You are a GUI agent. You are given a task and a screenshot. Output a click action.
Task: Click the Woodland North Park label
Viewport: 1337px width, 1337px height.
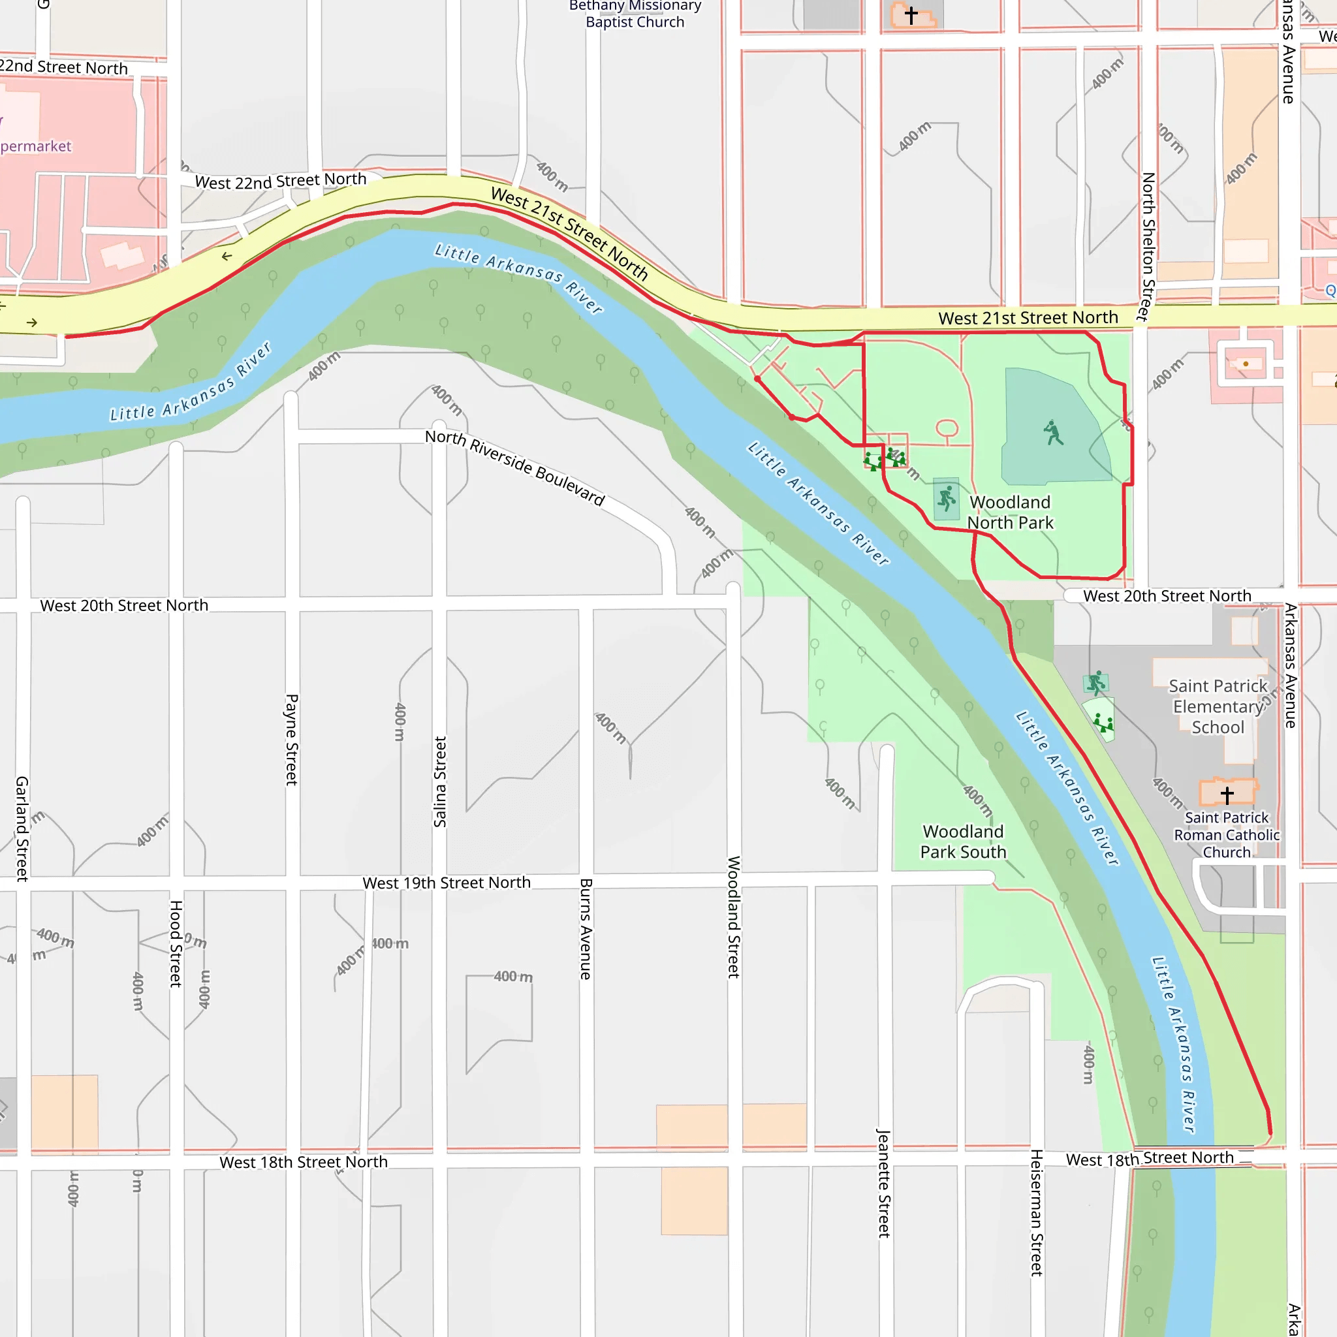1010,512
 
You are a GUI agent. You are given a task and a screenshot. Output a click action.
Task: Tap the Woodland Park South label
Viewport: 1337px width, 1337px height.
963,842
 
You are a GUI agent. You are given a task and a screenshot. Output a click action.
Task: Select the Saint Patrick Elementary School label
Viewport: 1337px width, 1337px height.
1218,706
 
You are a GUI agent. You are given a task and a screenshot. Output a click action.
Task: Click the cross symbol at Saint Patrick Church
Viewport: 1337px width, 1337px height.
1227,794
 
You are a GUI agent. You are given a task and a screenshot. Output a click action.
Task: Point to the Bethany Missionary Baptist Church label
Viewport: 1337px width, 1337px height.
635,14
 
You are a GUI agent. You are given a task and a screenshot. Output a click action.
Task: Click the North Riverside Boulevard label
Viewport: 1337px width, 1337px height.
515,467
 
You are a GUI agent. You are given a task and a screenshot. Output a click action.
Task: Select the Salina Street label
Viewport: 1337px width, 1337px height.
440,781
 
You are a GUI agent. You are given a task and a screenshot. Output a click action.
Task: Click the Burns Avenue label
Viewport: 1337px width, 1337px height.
586,929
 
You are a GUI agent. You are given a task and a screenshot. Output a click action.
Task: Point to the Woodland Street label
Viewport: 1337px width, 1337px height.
734,917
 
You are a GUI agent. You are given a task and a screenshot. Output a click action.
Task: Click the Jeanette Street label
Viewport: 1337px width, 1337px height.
884,1183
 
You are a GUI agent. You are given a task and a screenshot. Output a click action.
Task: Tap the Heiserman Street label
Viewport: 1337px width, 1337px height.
1036,1212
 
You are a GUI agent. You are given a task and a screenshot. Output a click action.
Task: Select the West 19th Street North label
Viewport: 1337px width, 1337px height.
447,883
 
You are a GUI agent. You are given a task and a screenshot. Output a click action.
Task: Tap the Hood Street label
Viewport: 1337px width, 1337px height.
176,943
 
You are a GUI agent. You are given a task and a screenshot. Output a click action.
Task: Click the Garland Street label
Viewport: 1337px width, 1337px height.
22,828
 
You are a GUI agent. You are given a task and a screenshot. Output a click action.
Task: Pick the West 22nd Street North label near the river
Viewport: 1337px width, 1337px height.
280,181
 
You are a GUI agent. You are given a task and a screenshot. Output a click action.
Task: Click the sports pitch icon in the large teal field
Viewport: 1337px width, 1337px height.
1053,433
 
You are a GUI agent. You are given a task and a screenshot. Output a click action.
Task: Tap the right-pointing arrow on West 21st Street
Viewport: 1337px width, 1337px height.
32,322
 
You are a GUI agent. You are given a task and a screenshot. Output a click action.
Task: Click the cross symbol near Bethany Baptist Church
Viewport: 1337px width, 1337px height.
911,15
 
